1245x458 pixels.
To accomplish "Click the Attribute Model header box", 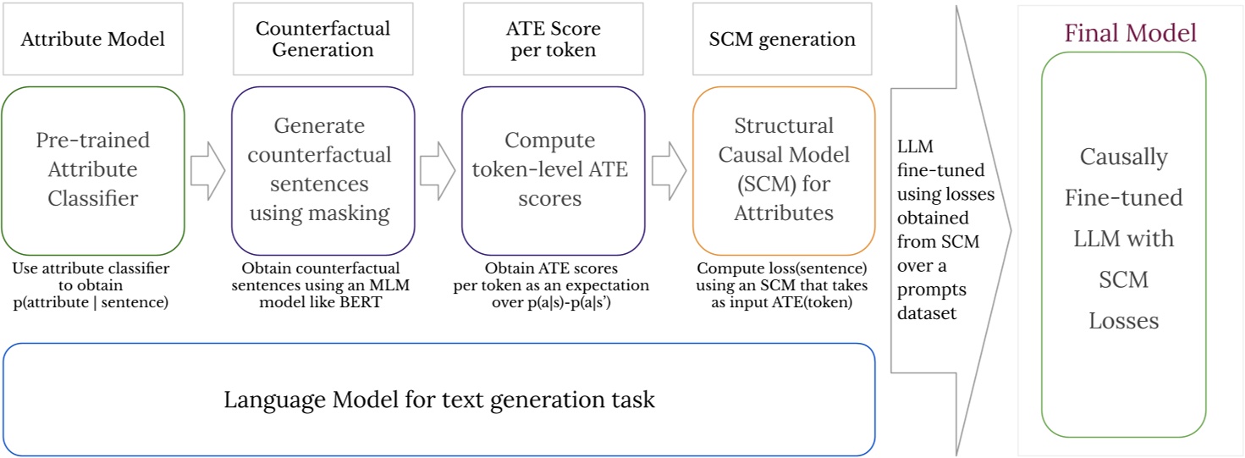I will [x=92, y=39].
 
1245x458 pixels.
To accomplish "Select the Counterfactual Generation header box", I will [x=322, y=39].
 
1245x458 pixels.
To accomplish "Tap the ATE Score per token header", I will [x=547, y=39].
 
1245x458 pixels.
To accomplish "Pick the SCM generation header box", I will [x=782, y=39].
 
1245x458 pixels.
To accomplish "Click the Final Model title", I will [x=1130, y=34].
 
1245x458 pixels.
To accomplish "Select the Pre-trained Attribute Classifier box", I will [x=92, y=169].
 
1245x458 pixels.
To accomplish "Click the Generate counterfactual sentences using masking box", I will [x=322, y=169].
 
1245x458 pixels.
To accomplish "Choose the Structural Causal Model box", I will [x=784, y=169].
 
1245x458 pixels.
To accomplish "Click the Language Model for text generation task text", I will [x=439, y=399].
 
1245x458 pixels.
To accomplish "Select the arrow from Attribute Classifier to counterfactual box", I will [x=207, y=170].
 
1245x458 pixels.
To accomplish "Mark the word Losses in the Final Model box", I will [x=1123, y=321].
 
